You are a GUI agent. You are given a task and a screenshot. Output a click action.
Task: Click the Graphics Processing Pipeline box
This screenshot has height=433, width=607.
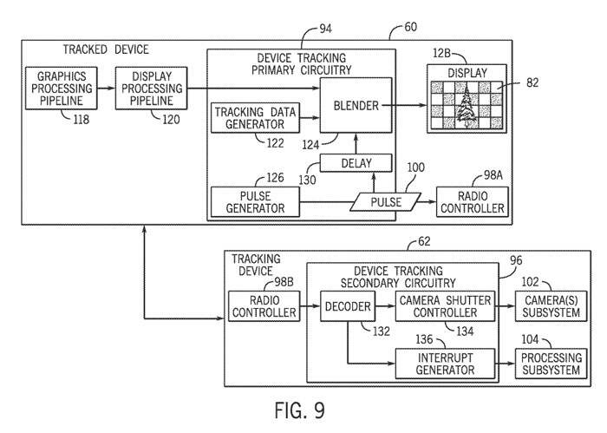pos(61,87)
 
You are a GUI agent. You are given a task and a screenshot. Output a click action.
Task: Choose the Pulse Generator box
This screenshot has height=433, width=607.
pos(255,201)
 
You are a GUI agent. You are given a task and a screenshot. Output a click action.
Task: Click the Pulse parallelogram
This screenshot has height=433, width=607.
pos(382,201)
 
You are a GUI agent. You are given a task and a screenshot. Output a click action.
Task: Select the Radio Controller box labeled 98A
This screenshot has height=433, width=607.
pos(471,201)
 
